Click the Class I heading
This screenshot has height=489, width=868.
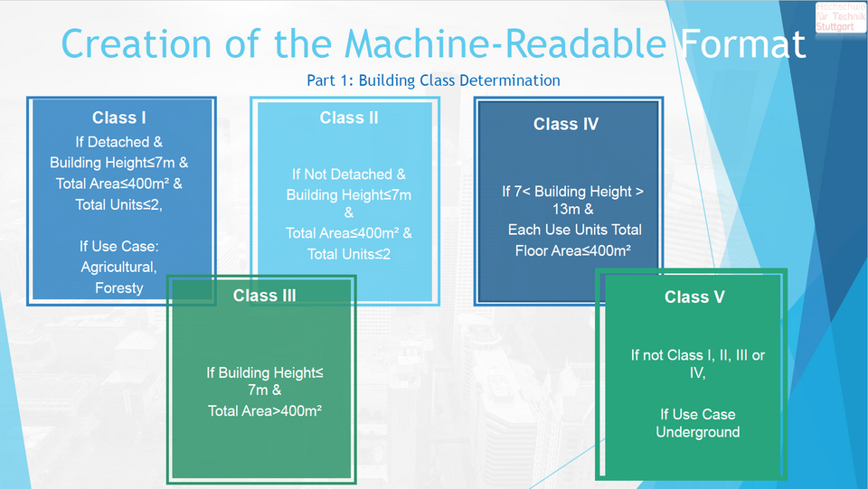[x=119, y=118]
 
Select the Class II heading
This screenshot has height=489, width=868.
[x=349, y=118]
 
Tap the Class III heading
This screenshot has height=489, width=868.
[x=264, y=296]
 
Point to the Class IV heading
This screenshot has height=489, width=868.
[x=566, y=125]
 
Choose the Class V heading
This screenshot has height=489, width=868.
[x=693, y=296]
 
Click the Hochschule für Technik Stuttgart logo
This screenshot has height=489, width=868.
[x=840, y=18]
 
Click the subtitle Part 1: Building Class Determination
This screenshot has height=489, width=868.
[x=433, y=80]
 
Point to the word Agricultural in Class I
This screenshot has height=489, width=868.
[x=119, y=267]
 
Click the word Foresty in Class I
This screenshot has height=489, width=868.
[x=119, y=287]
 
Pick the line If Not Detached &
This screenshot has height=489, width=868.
[x=349, y=174]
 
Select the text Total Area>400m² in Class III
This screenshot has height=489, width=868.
[x=264, y=411]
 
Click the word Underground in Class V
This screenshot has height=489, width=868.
[x=697, y=432]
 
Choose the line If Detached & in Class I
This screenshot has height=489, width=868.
[x=119, y=142]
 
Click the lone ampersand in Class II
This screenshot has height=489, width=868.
[x=349, y=213]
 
